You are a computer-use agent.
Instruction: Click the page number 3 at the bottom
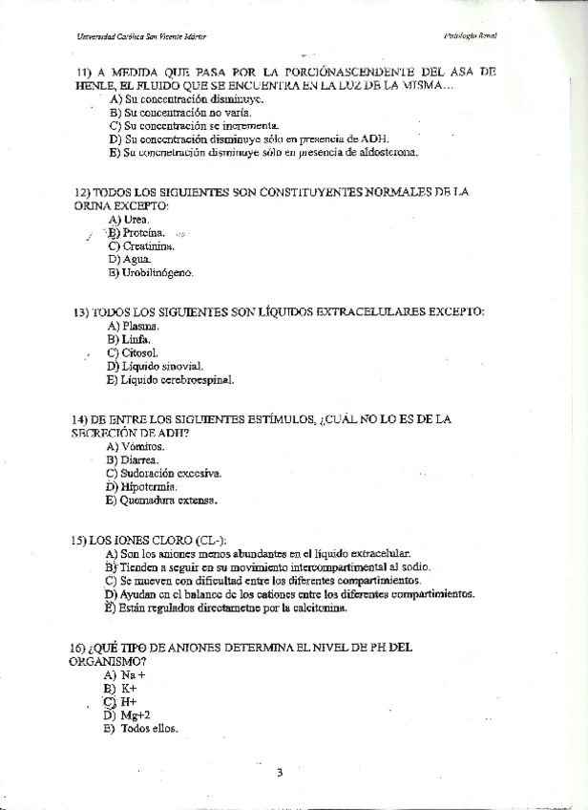281,773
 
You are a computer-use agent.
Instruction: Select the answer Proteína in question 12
143,232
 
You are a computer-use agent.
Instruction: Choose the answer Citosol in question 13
139,352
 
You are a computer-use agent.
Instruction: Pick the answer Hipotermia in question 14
150,485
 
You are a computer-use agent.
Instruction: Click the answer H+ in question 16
129,701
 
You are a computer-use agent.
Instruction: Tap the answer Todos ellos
149,729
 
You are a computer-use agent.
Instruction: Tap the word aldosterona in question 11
386,152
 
